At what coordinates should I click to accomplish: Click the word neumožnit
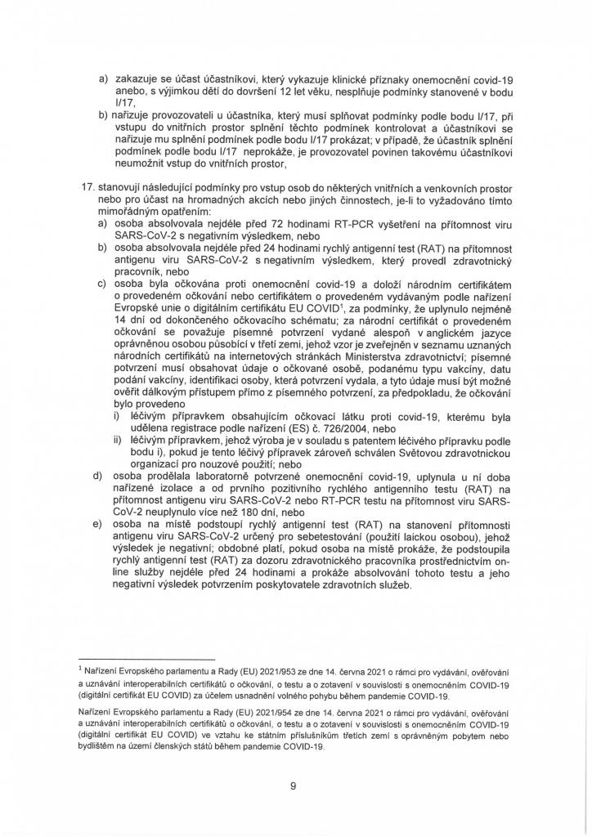[x=138, y=175]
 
